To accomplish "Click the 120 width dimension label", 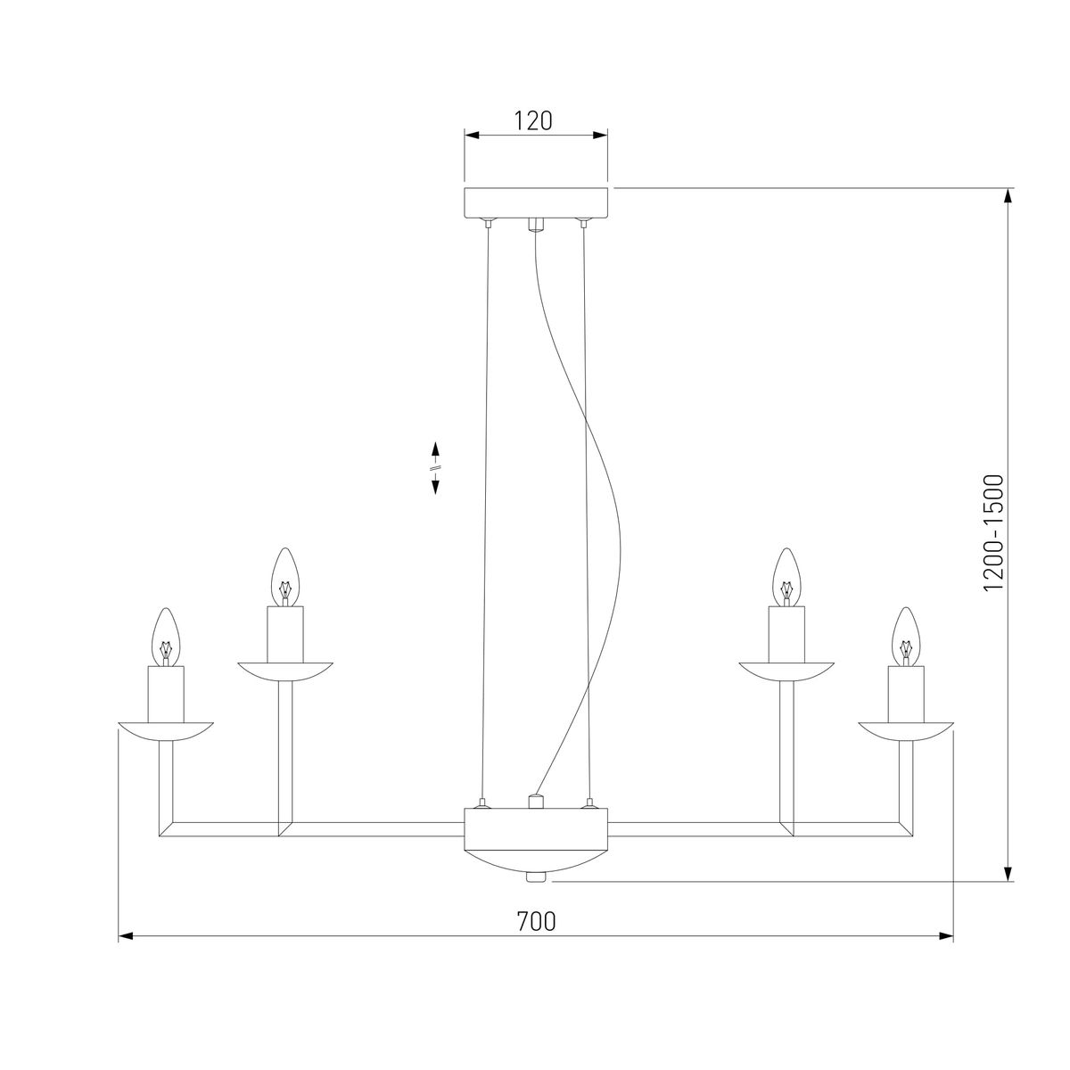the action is tap(532, 120).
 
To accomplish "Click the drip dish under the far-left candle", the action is tap(166, 731).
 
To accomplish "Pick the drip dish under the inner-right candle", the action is tap(786, 671).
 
